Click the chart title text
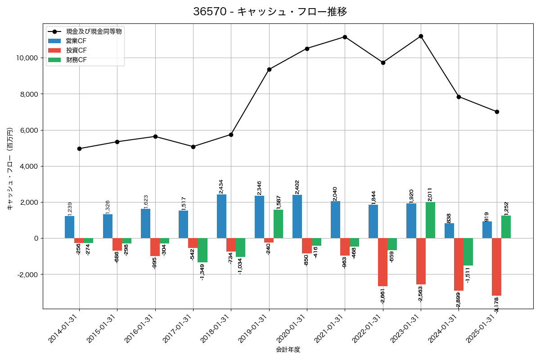coord(270,12)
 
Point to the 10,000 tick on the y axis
coord(26,58)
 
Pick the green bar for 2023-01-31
coord(430,220)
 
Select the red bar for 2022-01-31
coord(382,262)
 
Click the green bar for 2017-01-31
coord(202,250)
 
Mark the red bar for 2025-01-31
coord(496,266)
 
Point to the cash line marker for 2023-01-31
coord(421,36)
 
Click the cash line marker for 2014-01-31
coord(79,148)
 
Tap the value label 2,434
coord(221,187)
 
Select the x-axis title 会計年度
coord(288,350)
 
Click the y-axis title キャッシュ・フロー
coord(9,169)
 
